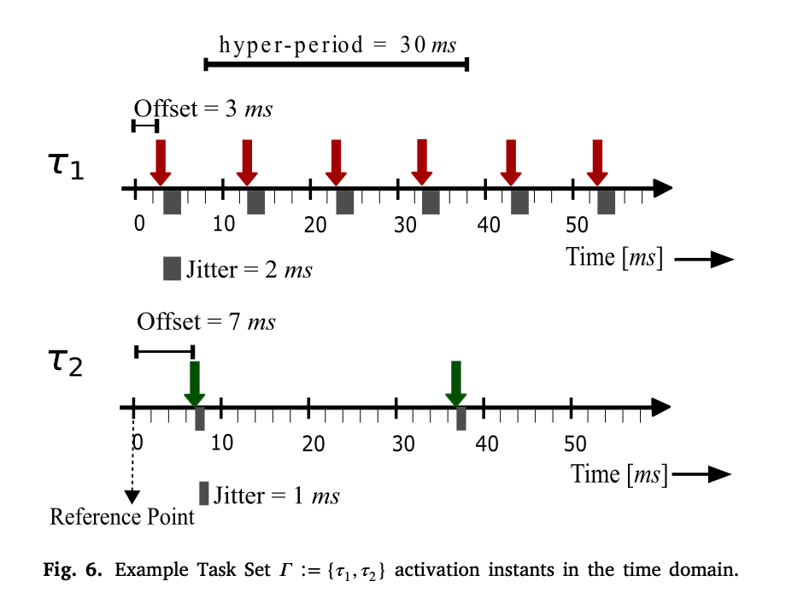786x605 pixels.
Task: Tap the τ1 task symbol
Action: coord(65,164)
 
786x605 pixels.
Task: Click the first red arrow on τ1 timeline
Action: coord(160,162)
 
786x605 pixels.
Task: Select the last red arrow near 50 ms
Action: coord(598,162)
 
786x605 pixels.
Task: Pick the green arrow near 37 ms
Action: coord(456,384)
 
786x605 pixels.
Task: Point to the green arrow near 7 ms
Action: coord(195,384)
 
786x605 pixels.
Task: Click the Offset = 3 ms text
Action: coord(203,109)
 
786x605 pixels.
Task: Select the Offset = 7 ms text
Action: coord(206,322)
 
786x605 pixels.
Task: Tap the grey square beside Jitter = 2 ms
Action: coord(172,268)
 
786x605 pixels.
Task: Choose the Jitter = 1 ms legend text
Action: coord(276,496)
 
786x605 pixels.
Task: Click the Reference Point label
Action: coord(122,517)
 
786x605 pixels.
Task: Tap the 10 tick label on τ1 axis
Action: coord(223,225)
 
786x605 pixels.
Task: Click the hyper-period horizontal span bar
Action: coord(337,64)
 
